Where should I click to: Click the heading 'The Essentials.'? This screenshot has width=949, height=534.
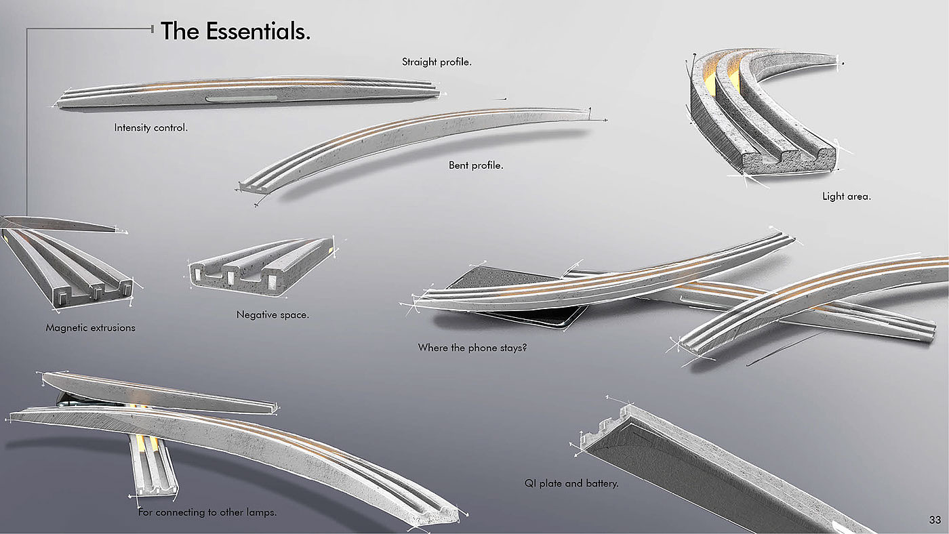click(x=235, y=31)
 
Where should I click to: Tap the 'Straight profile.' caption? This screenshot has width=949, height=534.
click(x=437, y=62)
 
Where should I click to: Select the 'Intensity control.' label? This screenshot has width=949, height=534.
click(x=150, y=127)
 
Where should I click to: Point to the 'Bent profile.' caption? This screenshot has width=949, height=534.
click(x=476, y=165)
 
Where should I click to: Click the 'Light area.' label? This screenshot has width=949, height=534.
click(x=846, y=197)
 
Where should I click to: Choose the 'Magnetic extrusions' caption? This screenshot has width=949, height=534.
click(x=90, y=328)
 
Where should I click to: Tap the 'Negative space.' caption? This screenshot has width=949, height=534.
click(x=272, y=315)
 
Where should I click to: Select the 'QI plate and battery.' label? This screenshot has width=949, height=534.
click(x=571, y=484)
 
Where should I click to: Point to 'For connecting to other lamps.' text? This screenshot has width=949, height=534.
click(x=207, y=513)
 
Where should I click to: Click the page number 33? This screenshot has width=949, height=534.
click(x=935, y=520)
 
